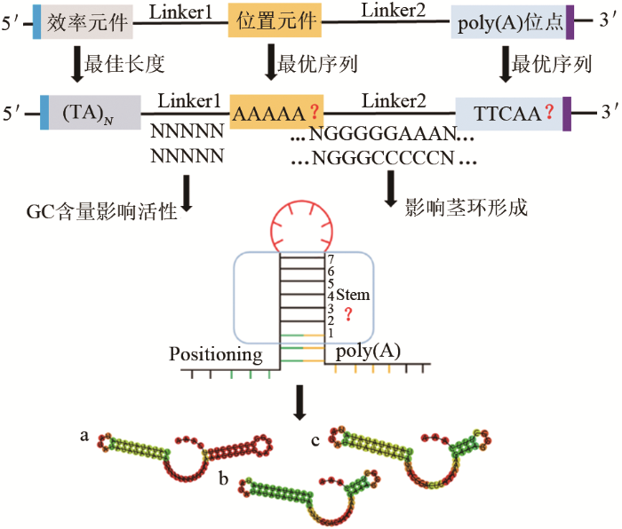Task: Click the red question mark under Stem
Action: point(359,311)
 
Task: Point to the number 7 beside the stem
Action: point(331,259)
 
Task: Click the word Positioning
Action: point(217,356)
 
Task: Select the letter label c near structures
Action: point(316,439)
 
